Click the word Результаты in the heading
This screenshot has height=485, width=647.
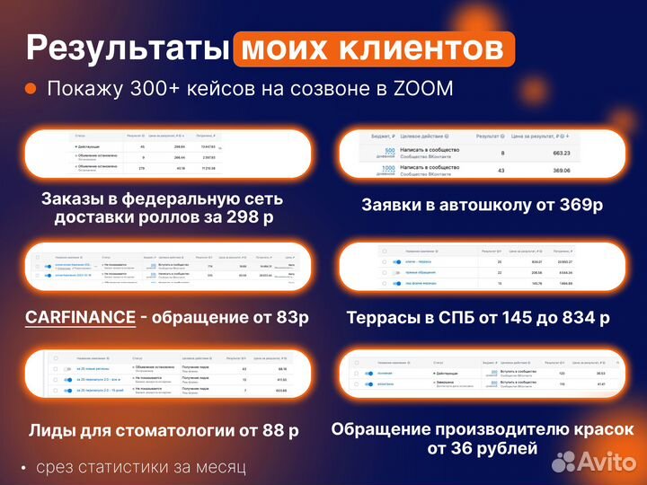[126, 48]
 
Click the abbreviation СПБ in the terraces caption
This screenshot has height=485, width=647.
[452, 317]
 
